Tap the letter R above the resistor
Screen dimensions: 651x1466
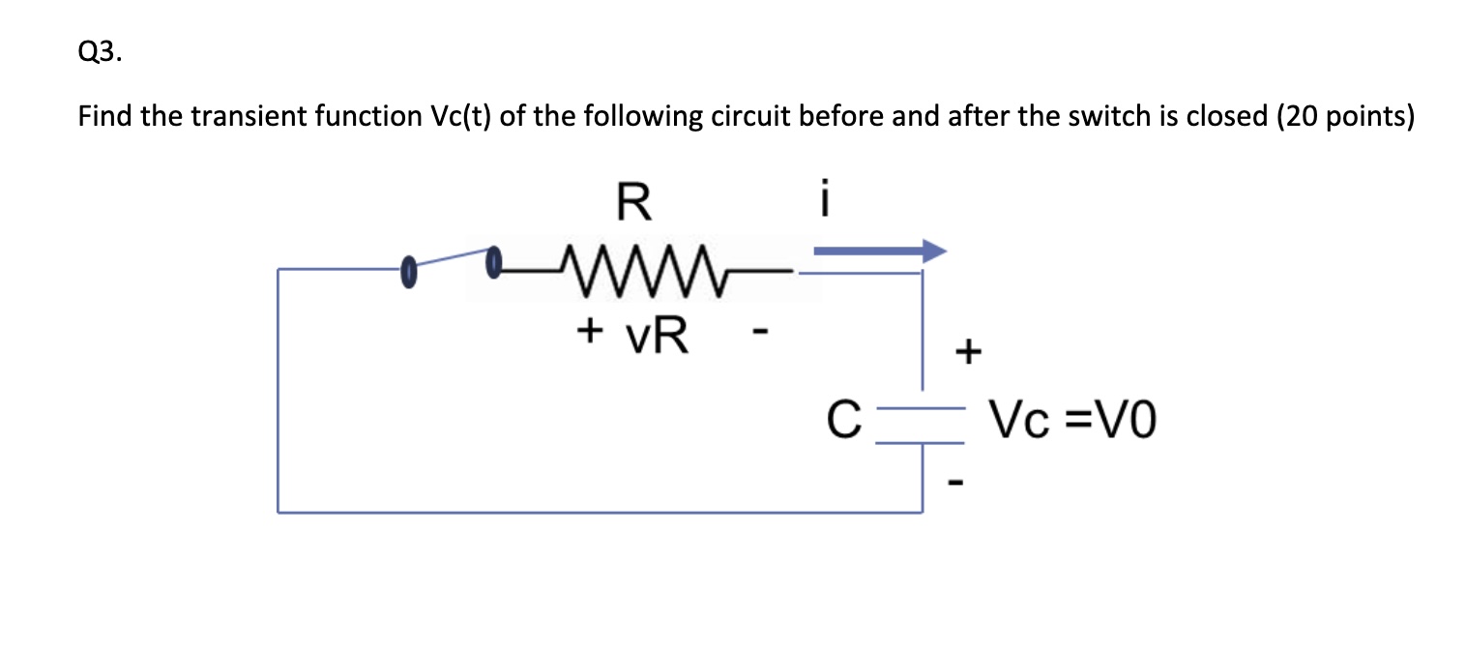tap(633, 203)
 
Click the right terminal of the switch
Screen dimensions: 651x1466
tap(494, 257)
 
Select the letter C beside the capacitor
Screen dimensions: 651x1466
tap(843, 423)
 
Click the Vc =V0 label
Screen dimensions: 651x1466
tap(1071, 422)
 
